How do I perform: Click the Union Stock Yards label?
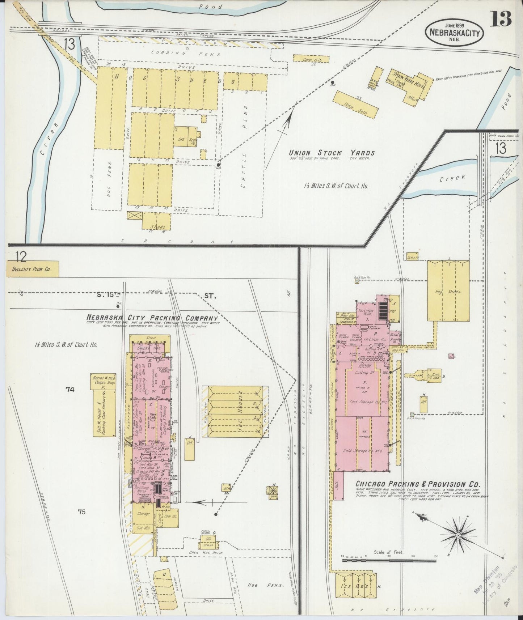[x=332, y=153]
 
